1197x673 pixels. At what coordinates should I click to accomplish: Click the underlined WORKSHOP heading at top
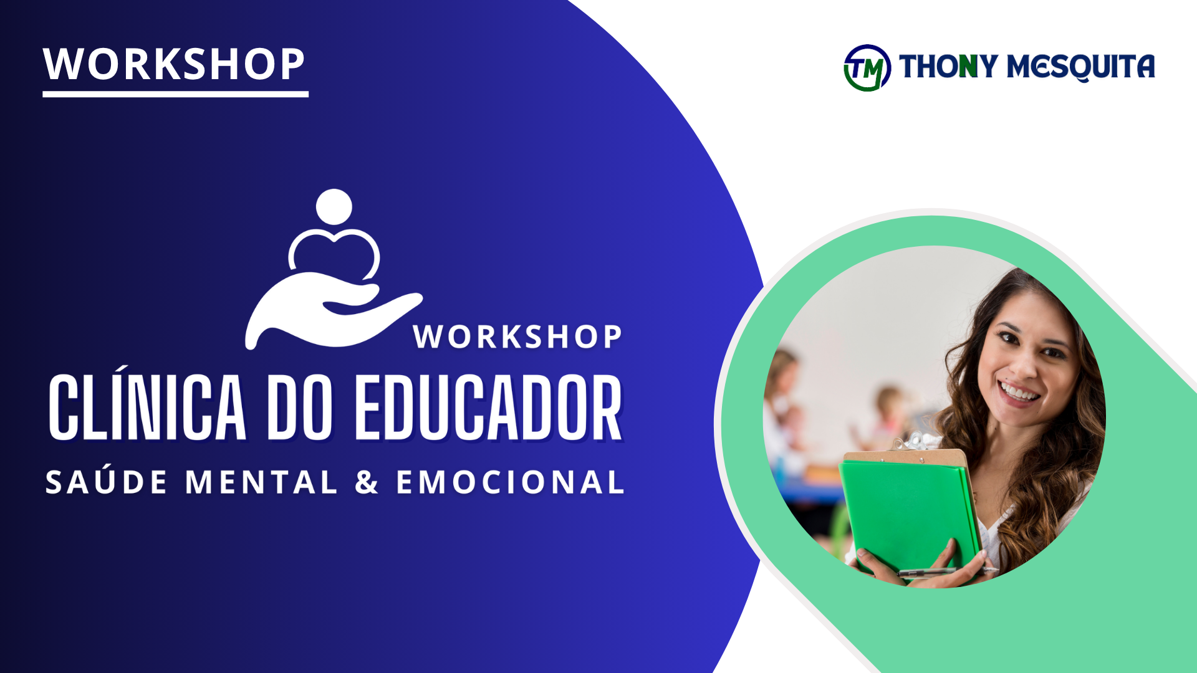click(x=174, y=64)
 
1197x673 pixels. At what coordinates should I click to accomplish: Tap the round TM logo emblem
click(x=867, y=68)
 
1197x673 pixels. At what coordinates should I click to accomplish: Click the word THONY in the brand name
click(x=948, y=66)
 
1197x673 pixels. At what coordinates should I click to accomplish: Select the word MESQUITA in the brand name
click(x=1081, y=67)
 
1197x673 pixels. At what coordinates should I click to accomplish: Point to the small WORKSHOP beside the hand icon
click(x=517, y=337)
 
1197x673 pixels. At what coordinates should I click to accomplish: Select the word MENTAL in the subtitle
click(x=261, y=482)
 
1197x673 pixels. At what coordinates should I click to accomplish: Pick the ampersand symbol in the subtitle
click(x=367, y=482)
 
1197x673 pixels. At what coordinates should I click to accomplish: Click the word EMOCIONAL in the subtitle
click(x=511, y=482)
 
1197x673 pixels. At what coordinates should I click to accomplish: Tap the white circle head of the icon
click(x=334, y=207)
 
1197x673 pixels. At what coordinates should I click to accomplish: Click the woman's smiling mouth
click(x=1018, y=393)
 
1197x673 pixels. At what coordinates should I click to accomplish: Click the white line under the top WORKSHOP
click(x=176, y=94)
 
